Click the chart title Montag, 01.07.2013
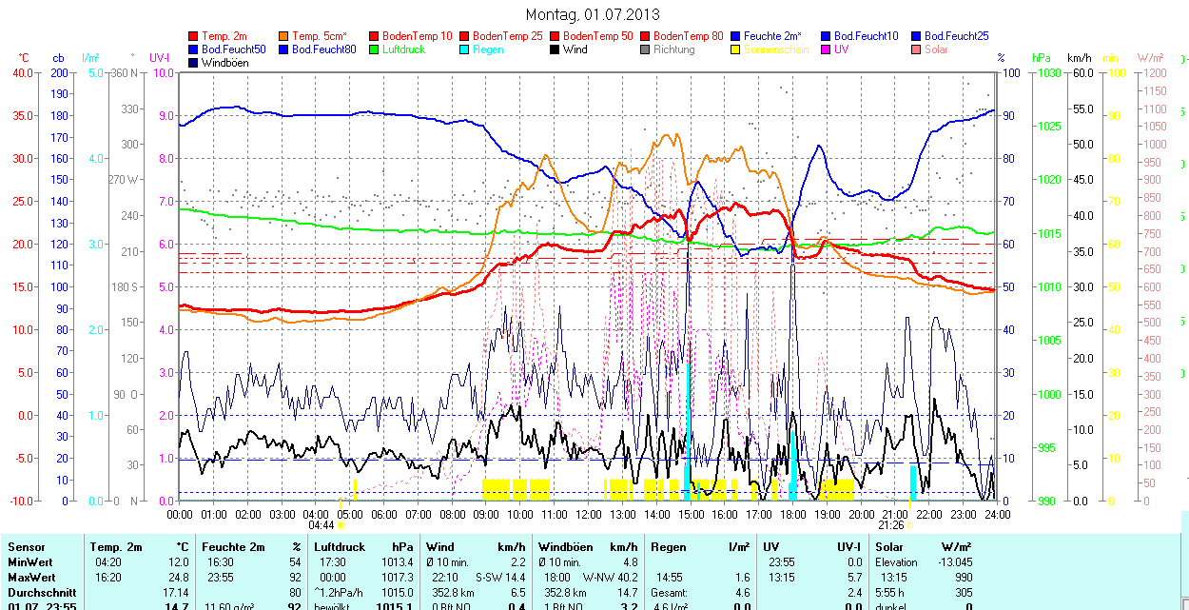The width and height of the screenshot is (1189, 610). [593, 14]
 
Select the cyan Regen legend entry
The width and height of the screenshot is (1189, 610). [487, 49]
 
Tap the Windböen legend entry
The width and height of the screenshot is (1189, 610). [225, 63]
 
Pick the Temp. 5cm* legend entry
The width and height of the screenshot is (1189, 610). [318, 36]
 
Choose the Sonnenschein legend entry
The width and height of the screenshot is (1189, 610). [776, 49]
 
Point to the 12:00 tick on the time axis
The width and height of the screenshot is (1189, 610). [589, 514]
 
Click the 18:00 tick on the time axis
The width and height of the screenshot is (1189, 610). [792, 514]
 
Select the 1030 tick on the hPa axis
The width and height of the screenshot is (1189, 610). [1048, 72]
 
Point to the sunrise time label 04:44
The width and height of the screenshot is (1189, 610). [322, 524]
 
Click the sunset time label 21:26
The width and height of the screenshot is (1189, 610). [890, 524]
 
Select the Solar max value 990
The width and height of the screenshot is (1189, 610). [963, 578]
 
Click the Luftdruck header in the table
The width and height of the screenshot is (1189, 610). [339, 547]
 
